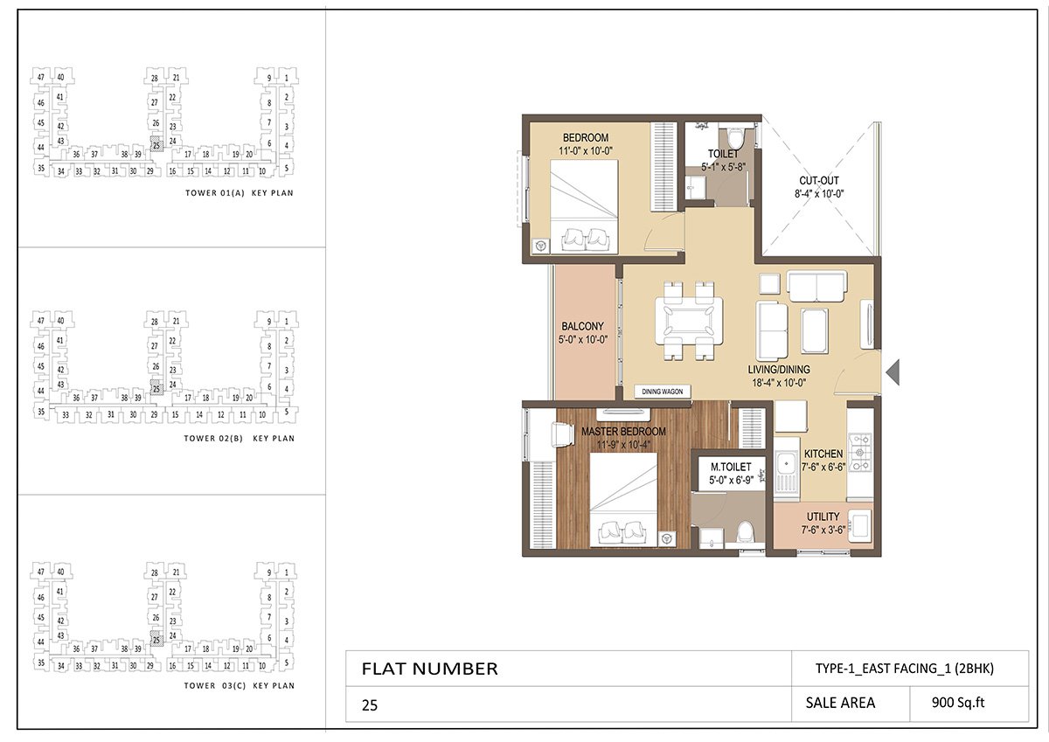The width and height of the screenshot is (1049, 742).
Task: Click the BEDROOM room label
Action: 586,138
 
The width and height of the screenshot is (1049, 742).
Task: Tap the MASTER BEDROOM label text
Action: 623,432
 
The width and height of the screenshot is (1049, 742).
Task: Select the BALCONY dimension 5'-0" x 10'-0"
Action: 584,340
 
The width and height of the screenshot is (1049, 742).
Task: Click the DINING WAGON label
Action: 662,392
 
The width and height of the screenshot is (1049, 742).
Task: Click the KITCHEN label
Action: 823,454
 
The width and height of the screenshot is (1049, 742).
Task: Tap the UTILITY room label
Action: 823,517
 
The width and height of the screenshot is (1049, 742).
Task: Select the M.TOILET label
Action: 731,468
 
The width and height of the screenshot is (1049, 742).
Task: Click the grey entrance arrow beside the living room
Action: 893,372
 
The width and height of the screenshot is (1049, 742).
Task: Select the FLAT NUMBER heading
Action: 429,669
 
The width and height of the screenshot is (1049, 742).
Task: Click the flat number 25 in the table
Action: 370,704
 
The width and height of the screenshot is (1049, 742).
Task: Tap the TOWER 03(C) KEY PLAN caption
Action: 240,686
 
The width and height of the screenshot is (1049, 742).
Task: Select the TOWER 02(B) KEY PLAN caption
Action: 240,438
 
